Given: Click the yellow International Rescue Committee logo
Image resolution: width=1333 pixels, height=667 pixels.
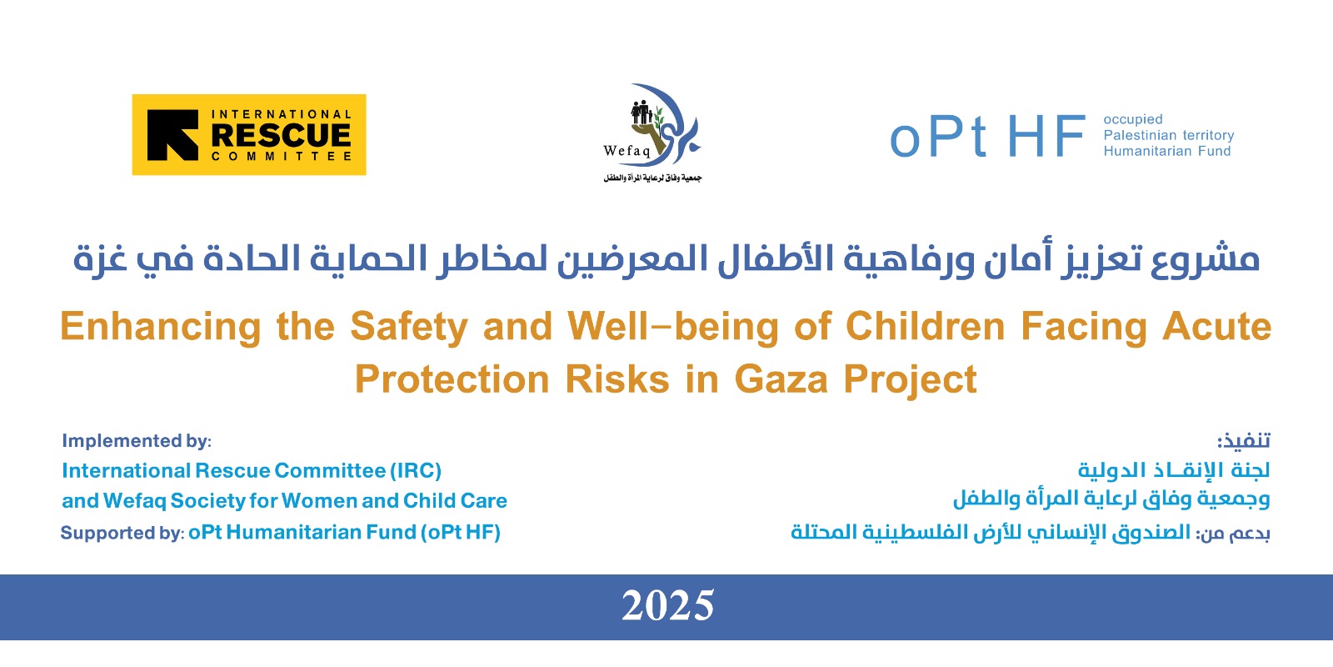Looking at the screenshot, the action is (x=249, y=134).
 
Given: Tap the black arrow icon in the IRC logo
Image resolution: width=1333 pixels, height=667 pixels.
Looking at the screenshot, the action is (x=172, y=135).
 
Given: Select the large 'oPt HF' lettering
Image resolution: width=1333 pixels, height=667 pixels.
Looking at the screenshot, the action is (x=987, y=137).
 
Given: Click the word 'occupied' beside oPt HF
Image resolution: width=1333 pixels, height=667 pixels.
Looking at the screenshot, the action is (x=1133, y=120).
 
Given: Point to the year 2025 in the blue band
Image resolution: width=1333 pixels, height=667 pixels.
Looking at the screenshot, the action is (x=667, y=605).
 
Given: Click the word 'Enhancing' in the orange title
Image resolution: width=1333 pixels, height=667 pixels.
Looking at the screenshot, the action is (x=161, y=327).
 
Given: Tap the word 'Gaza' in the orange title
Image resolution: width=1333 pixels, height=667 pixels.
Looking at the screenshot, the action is (x=781, y=379).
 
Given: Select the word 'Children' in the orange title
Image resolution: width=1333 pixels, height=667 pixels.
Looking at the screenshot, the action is (x=926, y=326).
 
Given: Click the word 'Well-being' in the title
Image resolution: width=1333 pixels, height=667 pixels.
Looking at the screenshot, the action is (x=673, y=327).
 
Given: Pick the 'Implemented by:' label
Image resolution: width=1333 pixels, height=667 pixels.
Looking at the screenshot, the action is (x=137, y=441).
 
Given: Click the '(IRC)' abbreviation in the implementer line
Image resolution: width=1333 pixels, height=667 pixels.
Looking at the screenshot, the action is (x=416, y=471).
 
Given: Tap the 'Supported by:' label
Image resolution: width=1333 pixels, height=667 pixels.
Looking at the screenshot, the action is (x=122, y=533).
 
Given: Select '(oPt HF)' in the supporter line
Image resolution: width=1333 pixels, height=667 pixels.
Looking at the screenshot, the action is (x=461, y=533).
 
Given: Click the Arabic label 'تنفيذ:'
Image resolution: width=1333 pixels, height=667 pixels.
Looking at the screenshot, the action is (x=1243, y=441).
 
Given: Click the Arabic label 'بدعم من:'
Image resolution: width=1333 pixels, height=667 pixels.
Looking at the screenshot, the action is (x=1233, y=533).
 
